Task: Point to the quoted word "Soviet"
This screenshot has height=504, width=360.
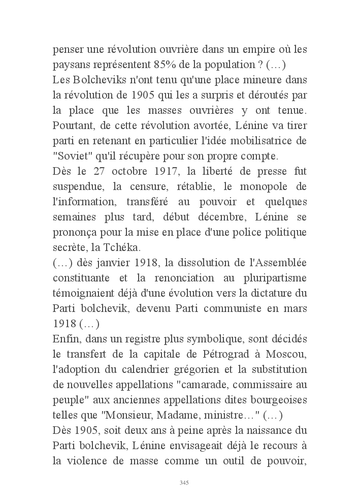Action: tap(69, 154)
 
